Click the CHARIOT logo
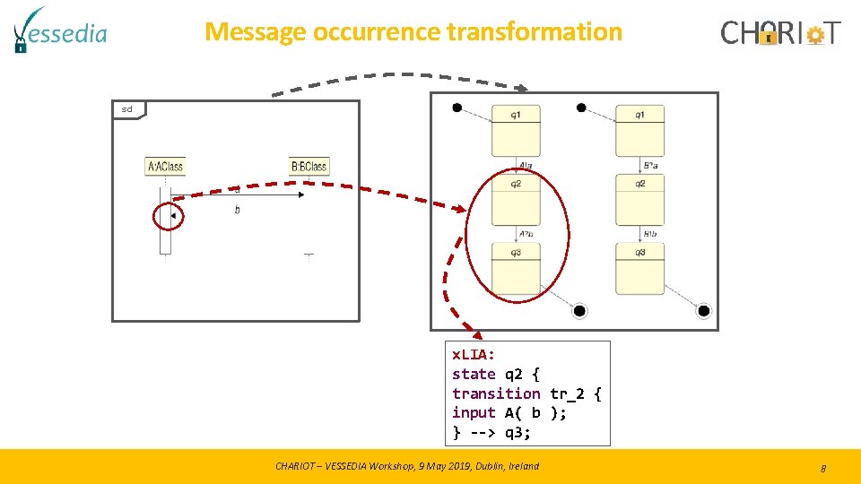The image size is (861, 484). point(780,33)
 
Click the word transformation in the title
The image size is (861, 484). point(534,31)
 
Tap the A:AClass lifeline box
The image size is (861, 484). point(165,166)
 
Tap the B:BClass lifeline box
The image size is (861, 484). point(309,166)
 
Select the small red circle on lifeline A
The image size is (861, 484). point(168,216)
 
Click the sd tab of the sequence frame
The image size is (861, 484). point(128,109)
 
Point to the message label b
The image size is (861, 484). point(237,210)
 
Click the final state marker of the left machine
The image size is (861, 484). point(579,311)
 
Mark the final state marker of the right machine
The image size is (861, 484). point(703,311)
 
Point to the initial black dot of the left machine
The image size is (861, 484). point(457,108)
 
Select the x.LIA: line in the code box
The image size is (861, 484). point(474,355)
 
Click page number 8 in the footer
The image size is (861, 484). point(822,468)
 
